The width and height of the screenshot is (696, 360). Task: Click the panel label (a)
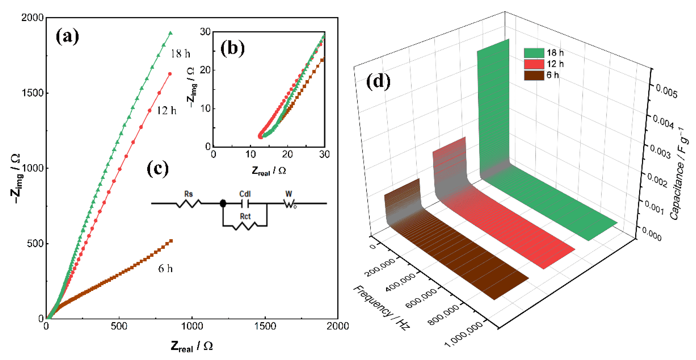click(x=67, y=37)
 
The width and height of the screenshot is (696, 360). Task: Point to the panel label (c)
click(x=158, y=169)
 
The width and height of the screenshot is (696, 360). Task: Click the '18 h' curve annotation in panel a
click(x=180, y=54)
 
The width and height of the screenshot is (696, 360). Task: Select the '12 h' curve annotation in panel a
click(x=167, y=110)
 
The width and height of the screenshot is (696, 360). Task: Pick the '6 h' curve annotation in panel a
click(x=165, y=268)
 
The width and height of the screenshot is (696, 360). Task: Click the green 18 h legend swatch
click(x=534, y=53)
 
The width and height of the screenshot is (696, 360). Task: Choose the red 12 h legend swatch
click(x=534, y=64)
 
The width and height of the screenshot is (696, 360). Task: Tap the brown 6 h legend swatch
click(x=534, y=75)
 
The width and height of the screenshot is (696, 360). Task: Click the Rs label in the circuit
click(x=188, y=194)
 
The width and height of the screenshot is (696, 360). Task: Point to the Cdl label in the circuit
click(x=245, y=194)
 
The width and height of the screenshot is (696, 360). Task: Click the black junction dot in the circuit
click(x=223, y=203)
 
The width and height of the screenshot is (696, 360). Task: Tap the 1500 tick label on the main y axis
click(x=32, y=93)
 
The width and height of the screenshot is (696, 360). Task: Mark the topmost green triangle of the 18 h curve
click(x=170, y=33)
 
